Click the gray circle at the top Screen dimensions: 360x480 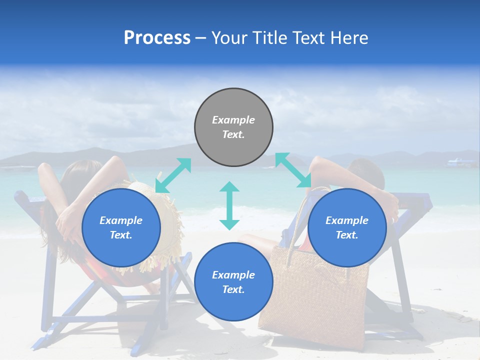(x=233, y=127)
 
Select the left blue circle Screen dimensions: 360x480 (x=121, y=227)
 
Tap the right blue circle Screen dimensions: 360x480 (x=347, y=227)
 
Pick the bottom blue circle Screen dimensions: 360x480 (x=233, y=282)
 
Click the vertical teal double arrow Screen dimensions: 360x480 (x=229, y=205)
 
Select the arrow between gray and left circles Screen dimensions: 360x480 (x=173, y=175)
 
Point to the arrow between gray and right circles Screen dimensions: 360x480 (x=293, y=170)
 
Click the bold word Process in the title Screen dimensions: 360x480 (x=157, y=37)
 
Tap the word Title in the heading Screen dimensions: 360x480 (x=270, y=37)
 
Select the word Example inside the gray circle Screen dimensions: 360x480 (x=233, y=120)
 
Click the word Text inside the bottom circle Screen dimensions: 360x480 (x=233, y=289)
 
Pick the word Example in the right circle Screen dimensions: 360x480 (x=347, y=220)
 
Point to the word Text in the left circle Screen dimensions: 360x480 (x=121, y=235)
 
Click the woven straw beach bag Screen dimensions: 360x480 (x=315, y=300)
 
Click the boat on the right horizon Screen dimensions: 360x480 (x=461, y=162)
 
